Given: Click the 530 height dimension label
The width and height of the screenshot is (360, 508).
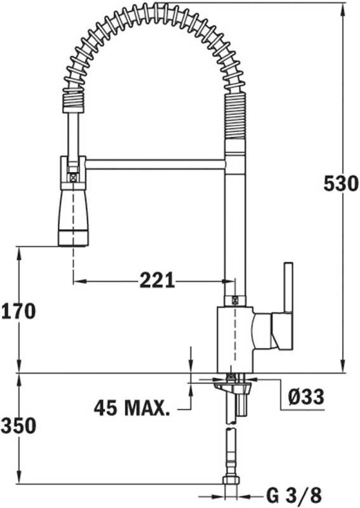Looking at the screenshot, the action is tap(341, 184).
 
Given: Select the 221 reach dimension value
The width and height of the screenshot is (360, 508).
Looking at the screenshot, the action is tap(157, 280).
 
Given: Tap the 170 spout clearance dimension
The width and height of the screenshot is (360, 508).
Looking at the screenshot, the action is tap(18, 311).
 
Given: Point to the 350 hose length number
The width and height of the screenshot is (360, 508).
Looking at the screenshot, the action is tap(18, 425).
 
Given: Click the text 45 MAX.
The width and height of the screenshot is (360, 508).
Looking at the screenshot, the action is tap(132, 408).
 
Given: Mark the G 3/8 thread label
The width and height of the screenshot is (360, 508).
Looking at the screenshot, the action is tap(294, 495).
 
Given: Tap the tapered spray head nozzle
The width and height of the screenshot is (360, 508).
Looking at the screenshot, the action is tap(73, 218).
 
